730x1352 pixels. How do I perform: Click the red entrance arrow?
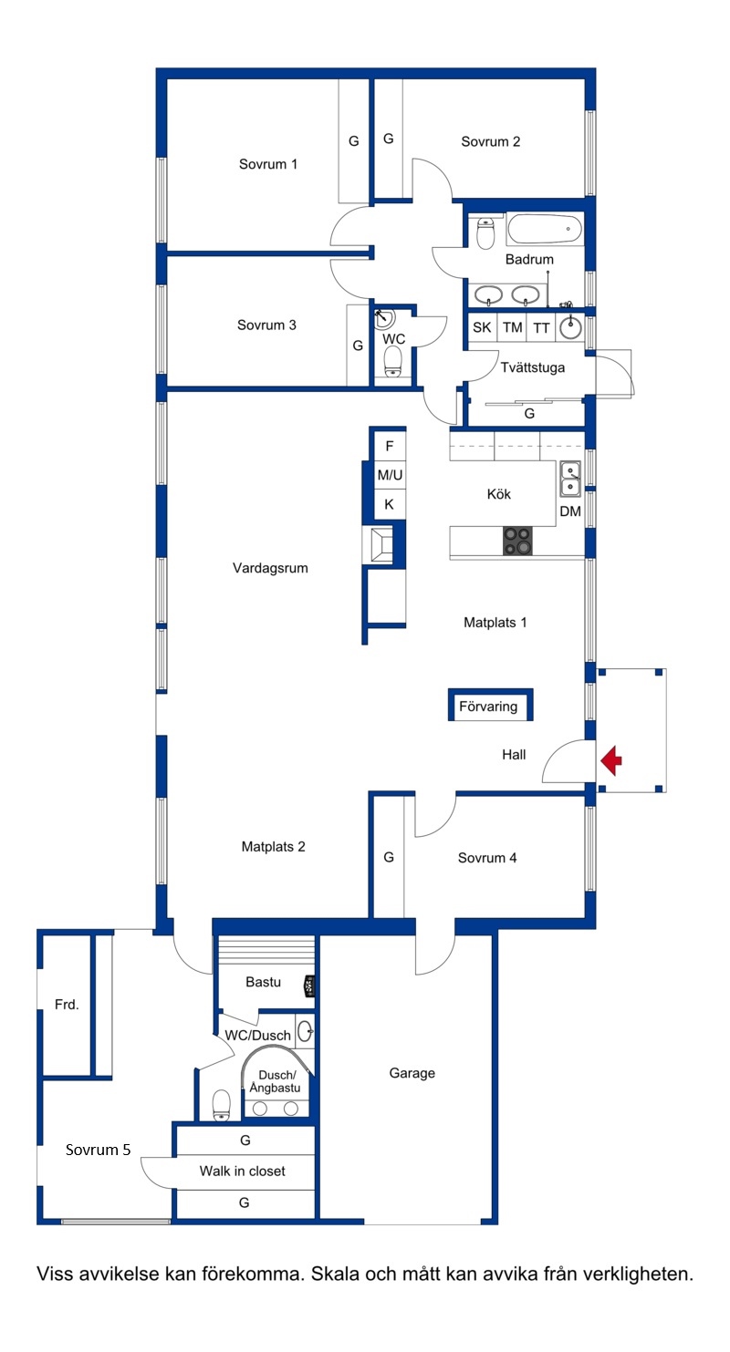611,760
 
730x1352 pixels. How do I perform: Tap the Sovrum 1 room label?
267,164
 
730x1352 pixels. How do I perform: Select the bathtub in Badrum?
545,230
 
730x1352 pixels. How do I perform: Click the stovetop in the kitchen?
518,541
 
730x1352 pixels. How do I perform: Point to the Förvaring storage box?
490,705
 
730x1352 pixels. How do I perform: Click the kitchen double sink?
570,479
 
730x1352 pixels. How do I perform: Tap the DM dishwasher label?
570,511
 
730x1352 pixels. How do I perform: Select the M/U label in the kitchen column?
390,475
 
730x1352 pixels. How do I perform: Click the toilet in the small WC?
392,362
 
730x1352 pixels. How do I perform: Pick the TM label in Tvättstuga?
512,327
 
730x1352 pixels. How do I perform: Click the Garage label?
412,1073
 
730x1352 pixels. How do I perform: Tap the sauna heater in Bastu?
310,986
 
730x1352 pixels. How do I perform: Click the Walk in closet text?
243,1171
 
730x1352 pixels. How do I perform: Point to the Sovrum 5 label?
98,1150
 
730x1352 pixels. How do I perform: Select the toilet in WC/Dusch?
222,1105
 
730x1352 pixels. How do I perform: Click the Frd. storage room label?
67,1005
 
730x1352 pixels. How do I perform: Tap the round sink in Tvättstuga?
570,327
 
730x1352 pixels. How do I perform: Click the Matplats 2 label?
273,847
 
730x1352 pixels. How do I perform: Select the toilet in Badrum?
485,233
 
